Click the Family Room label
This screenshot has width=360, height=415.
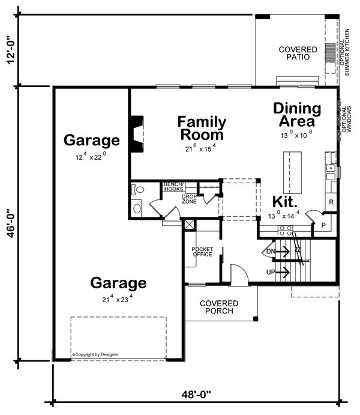point(202,128)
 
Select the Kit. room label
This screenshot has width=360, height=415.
point(285,202)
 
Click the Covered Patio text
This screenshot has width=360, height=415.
point(294,53)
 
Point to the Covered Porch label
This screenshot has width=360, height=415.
point(219,307)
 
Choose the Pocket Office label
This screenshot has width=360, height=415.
point(202,252)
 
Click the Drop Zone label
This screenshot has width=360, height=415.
point(190,199)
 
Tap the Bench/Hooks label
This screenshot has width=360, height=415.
point(174,186)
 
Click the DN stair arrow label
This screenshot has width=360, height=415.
point(271,251)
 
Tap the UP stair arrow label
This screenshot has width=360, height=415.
point(271,273)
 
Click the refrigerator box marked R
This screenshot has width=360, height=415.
point(331,203)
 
